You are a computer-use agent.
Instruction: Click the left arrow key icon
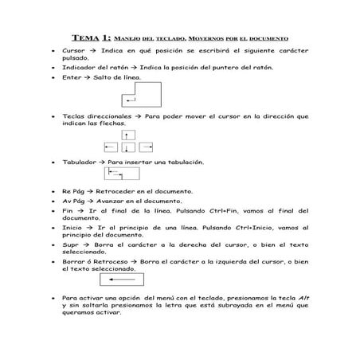[x=109, y=147]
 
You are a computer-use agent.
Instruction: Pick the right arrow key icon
[x=146, y=147]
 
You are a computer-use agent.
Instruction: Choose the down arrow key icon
[x=127, y=148]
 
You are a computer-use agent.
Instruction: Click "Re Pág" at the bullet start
[x=72, y=192]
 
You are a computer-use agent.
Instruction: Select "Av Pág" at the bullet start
[x=72, y=202]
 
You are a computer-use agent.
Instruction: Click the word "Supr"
[x=69, y=245]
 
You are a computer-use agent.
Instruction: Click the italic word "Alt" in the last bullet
[x=303, y=297]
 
